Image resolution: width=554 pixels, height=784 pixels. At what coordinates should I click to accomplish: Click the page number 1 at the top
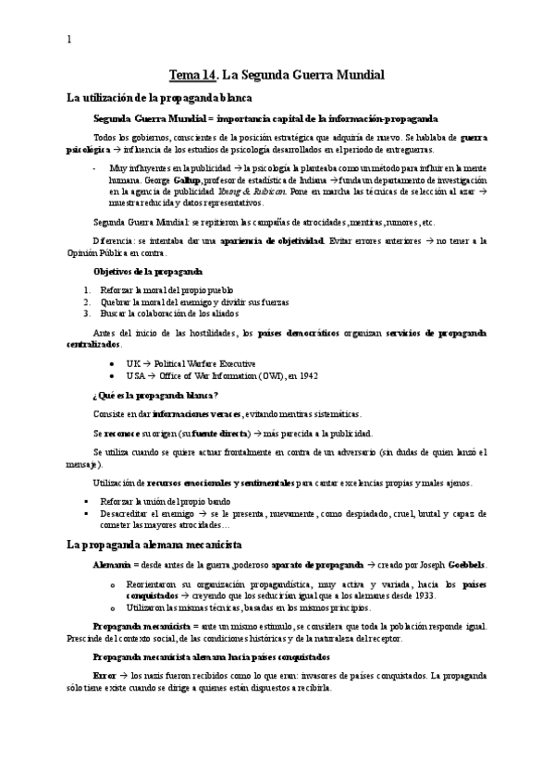pyautogui.click(x=68, y=40)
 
